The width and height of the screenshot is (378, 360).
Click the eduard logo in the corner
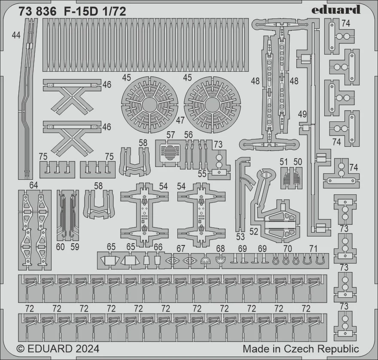point(336,10)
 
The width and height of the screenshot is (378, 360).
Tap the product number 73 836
point(38,12)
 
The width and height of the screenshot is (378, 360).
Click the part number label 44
point(16,35)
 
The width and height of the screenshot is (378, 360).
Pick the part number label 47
point(180,120)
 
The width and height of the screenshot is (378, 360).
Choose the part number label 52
point(254,231)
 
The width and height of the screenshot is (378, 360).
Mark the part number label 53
point(241,237)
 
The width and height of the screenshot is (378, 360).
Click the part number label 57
point(171,135)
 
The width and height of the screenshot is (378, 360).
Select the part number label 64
point(34,185)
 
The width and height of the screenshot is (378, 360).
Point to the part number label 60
point(60,247)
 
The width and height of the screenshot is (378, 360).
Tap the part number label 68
point(220,248)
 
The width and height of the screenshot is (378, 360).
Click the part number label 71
point(313,248)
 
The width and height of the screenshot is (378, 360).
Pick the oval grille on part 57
point(170,153)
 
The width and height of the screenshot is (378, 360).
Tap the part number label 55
point(202,174)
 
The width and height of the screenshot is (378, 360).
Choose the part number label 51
point(284,162)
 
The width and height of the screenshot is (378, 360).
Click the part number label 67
point(180,248)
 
